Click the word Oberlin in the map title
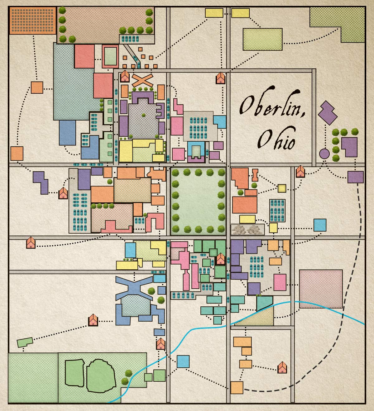point(271,106)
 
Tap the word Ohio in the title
point(276,140)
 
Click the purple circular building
point(324,154)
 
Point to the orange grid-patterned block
point(32,20)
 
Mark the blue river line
point(199,329)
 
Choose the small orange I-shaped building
point(255,175)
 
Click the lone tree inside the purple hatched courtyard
point(143,115)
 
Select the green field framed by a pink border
point(110,56)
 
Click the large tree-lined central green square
point(198,201)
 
